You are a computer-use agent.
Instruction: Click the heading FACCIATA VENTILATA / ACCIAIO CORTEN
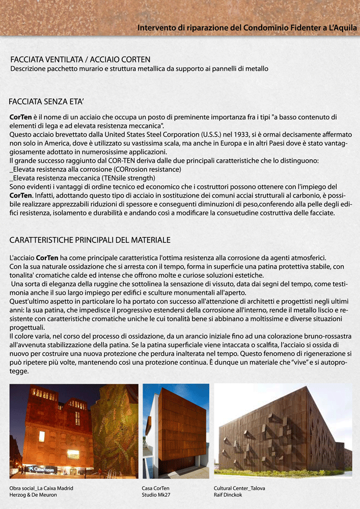[80, 60]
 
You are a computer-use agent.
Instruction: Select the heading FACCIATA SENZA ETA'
[46, 101]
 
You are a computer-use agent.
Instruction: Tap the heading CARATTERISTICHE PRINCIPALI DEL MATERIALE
[90, 240]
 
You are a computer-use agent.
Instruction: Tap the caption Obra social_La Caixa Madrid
[41, 488]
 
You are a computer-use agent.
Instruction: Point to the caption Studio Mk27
[155, 495]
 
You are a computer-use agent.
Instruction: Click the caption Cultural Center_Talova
[239, 488]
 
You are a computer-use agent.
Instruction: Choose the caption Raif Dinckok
[228, 495]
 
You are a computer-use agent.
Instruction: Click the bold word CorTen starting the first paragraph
[21, 117]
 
